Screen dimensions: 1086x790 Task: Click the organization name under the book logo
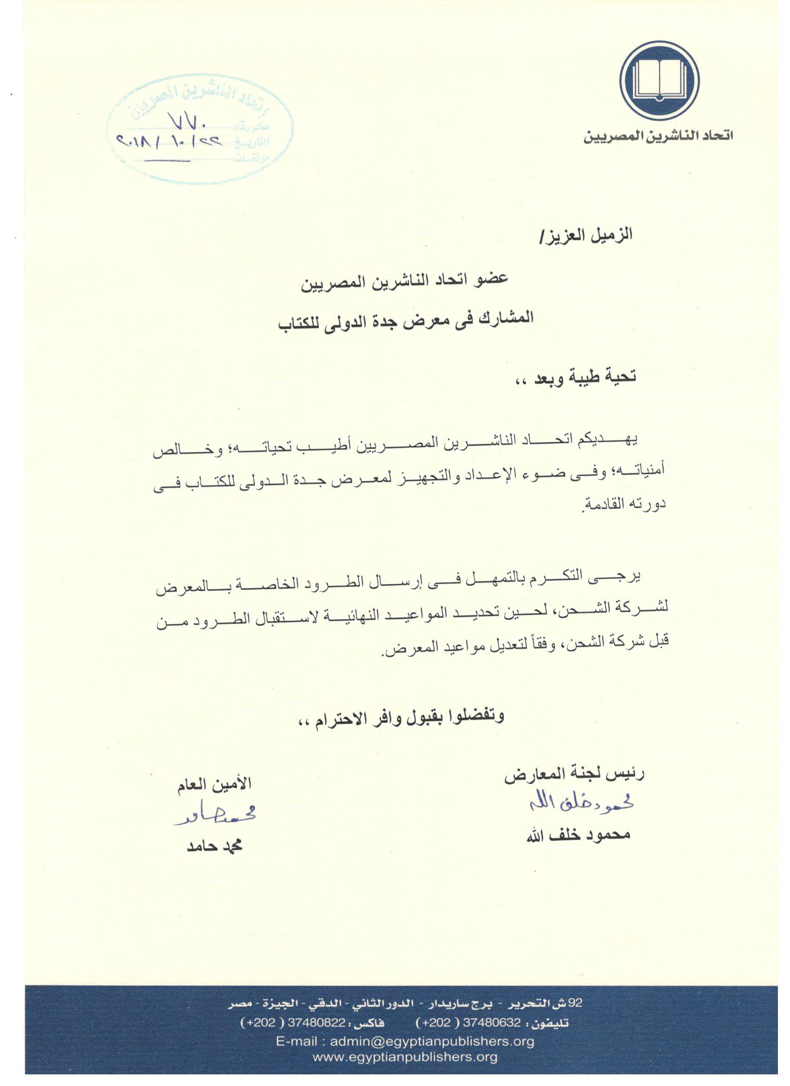[x=658, y=137]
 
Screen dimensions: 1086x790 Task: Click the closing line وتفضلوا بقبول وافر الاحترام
[x=401, y=717]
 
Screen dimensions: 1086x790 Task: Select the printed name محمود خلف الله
[x=578, y=835]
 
